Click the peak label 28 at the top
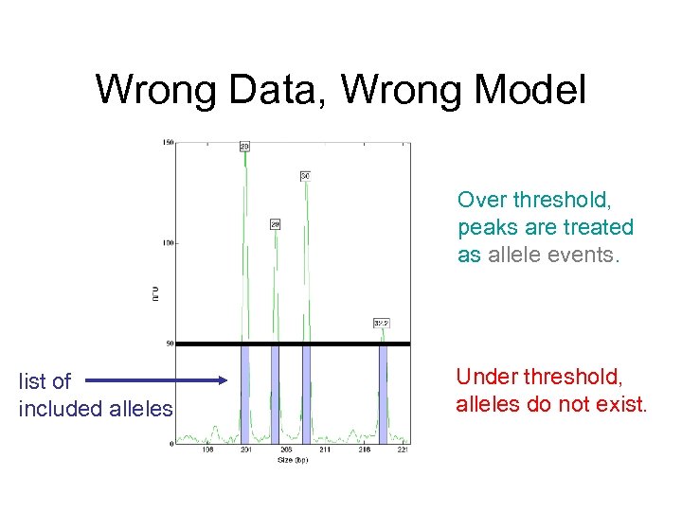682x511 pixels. pyautogui.click(x=244, y=147)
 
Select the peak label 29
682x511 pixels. pyautogui.click(x=275, y=224)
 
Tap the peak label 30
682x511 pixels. pyautogui.click(x=305, y=176)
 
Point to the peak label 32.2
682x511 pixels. pyautogui.click(x=382, y=323)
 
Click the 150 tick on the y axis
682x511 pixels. pyautogui.click(x=167, y=143)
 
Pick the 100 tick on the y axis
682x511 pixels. pyautogui.click(x=167, y=243)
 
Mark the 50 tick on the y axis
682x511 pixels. pyautogui.click(x=169, y=344)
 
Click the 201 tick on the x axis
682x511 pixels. pyautogui.click(x=246, y=450)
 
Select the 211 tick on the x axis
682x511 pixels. pyautogui.click(x=325, y=450)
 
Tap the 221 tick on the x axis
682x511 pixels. pyautogui.click(x=404, y=450)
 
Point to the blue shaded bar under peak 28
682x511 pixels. pyautogui.click(x=244, y=393)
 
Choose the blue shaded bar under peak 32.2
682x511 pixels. pyautogui.click(x=383, y=393)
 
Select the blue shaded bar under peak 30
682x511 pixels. pyautogui.click(x=306, y=393)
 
